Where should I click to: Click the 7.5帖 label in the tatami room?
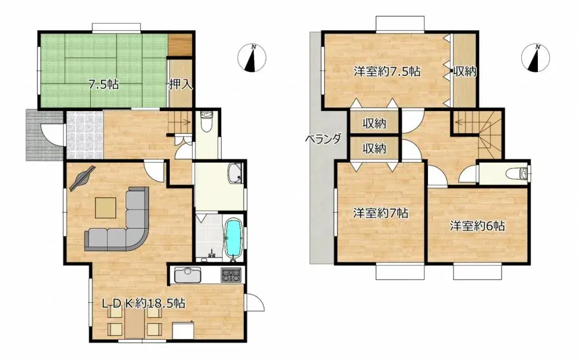pyautogui.click(x=104, y=85)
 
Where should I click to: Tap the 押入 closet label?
pyautogui.click(x=180, y=85)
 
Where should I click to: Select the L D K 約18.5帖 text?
pyautogui.click(x=144, y=303)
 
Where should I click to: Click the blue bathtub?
pyautogui.click(x=233, y=237)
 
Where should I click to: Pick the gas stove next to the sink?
pyautogui.click(x=231, y=275)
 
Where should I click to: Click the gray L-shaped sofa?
pyautogui.click(x=122, y=223)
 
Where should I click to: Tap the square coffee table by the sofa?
pyautogui.click(x=105, y=207)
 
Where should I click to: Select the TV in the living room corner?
pyautogui.click(x=82, y=178)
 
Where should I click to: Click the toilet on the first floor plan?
pyautogui.click(x=207, y=122)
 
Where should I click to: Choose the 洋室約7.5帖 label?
pyautogui.click(x=387, y=72)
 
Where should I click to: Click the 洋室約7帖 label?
pyautogui.click(x=381, y=213)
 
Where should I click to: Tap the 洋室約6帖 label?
pyautogui.click(x=478, y=226)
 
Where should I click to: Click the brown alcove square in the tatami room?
pyautogui.click(x=179, y=45)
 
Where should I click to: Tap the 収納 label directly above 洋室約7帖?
pyautogui.click(x=375, y=148)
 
